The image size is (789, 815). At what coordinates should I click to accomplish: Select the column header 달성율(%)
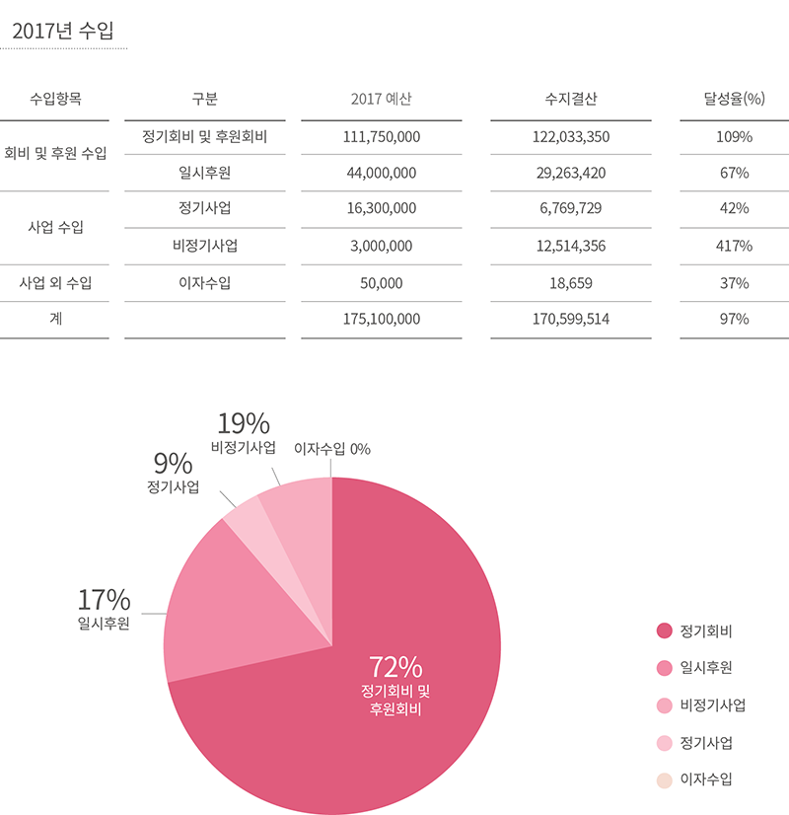(734, 99)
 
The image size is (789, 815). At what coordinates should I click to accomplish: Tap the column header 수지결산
(570, 99)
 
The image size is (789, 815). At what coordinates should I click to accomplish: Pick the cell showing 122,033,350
(570, 136)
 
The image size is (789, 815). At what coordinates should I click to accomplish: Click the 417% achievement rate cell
(734, 246)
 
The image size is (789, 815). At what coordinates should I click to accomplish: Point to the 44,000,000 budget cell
(381, 173)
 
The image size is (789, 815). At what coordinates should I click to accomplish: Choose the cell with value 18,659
(570, 283)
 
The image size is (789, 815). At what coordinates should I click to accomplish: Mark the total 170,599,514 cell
(570, 319)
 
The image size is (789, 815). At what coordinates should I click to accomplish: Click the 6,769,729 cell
(570, 209)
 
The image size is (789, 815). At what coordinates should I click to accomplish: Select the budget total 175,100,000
(381, 319)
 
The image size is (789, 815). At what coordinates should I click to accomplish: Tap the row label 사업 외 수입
(55, 283)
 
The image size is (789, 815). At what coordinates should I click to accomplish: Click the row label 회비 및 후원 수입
(55, 154)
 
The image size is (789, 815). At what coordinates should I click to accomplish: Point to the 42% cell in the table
(734, 209)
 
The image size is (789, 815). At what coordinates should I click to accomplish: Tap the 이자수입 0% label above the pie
(332, 449)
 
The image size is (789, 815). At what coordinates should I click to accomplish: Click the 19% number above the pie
(243, 423)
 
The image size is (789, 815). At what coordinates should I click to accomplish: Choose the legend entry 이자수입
(705, 779)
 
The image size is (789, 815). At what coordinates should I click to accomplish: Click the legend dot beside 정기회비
(664, 630)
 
